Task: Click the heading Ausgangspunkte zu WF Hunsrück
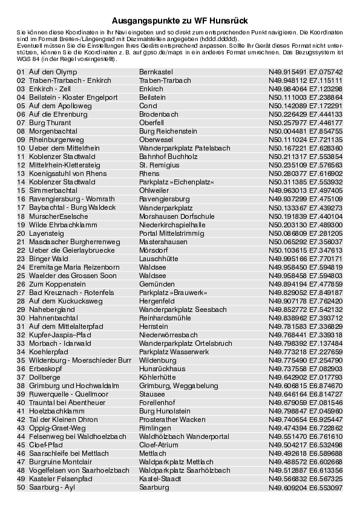pos(180,21)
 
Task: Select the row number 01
pos(21,72)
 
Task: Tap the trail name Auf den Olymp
pos(53,72)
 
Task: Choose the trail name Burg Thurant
pos(50,123)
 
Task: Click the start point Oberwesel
pos(155,140)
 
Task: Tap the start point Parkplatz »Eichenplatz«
pos(177,182)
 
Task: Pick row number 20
pos(21,233)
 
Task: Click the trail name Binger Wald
pos(48,258)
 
